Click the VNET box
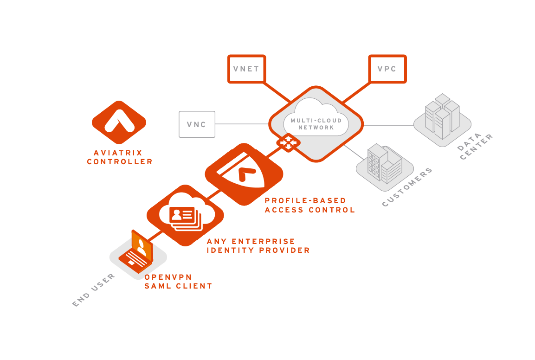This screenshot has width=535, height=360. click(246, 69)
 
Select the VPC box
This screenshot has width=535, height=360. click(387, 69)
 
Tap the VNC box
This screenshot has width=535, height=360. click(197, 124)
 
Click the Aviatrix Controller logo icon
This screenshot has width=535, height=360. click(119, 122)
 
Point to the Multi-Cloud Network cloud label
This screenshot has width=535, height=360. click(316, 124)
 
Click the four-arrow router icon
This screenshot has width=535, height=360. click(288, 142)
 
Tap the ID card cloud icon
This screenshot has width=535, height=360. click(185, 214)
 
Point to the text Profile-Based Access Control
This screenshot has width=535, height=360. click(309, 205)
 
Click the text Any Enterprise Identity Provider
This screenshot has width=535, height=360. click(258, 246)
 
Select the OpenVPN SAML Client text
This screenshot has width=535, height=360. click(178, 282)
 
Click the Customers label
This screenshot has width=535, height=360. click(407, 187)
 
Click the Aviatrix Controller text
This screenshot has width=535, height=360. click(120, 157)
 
